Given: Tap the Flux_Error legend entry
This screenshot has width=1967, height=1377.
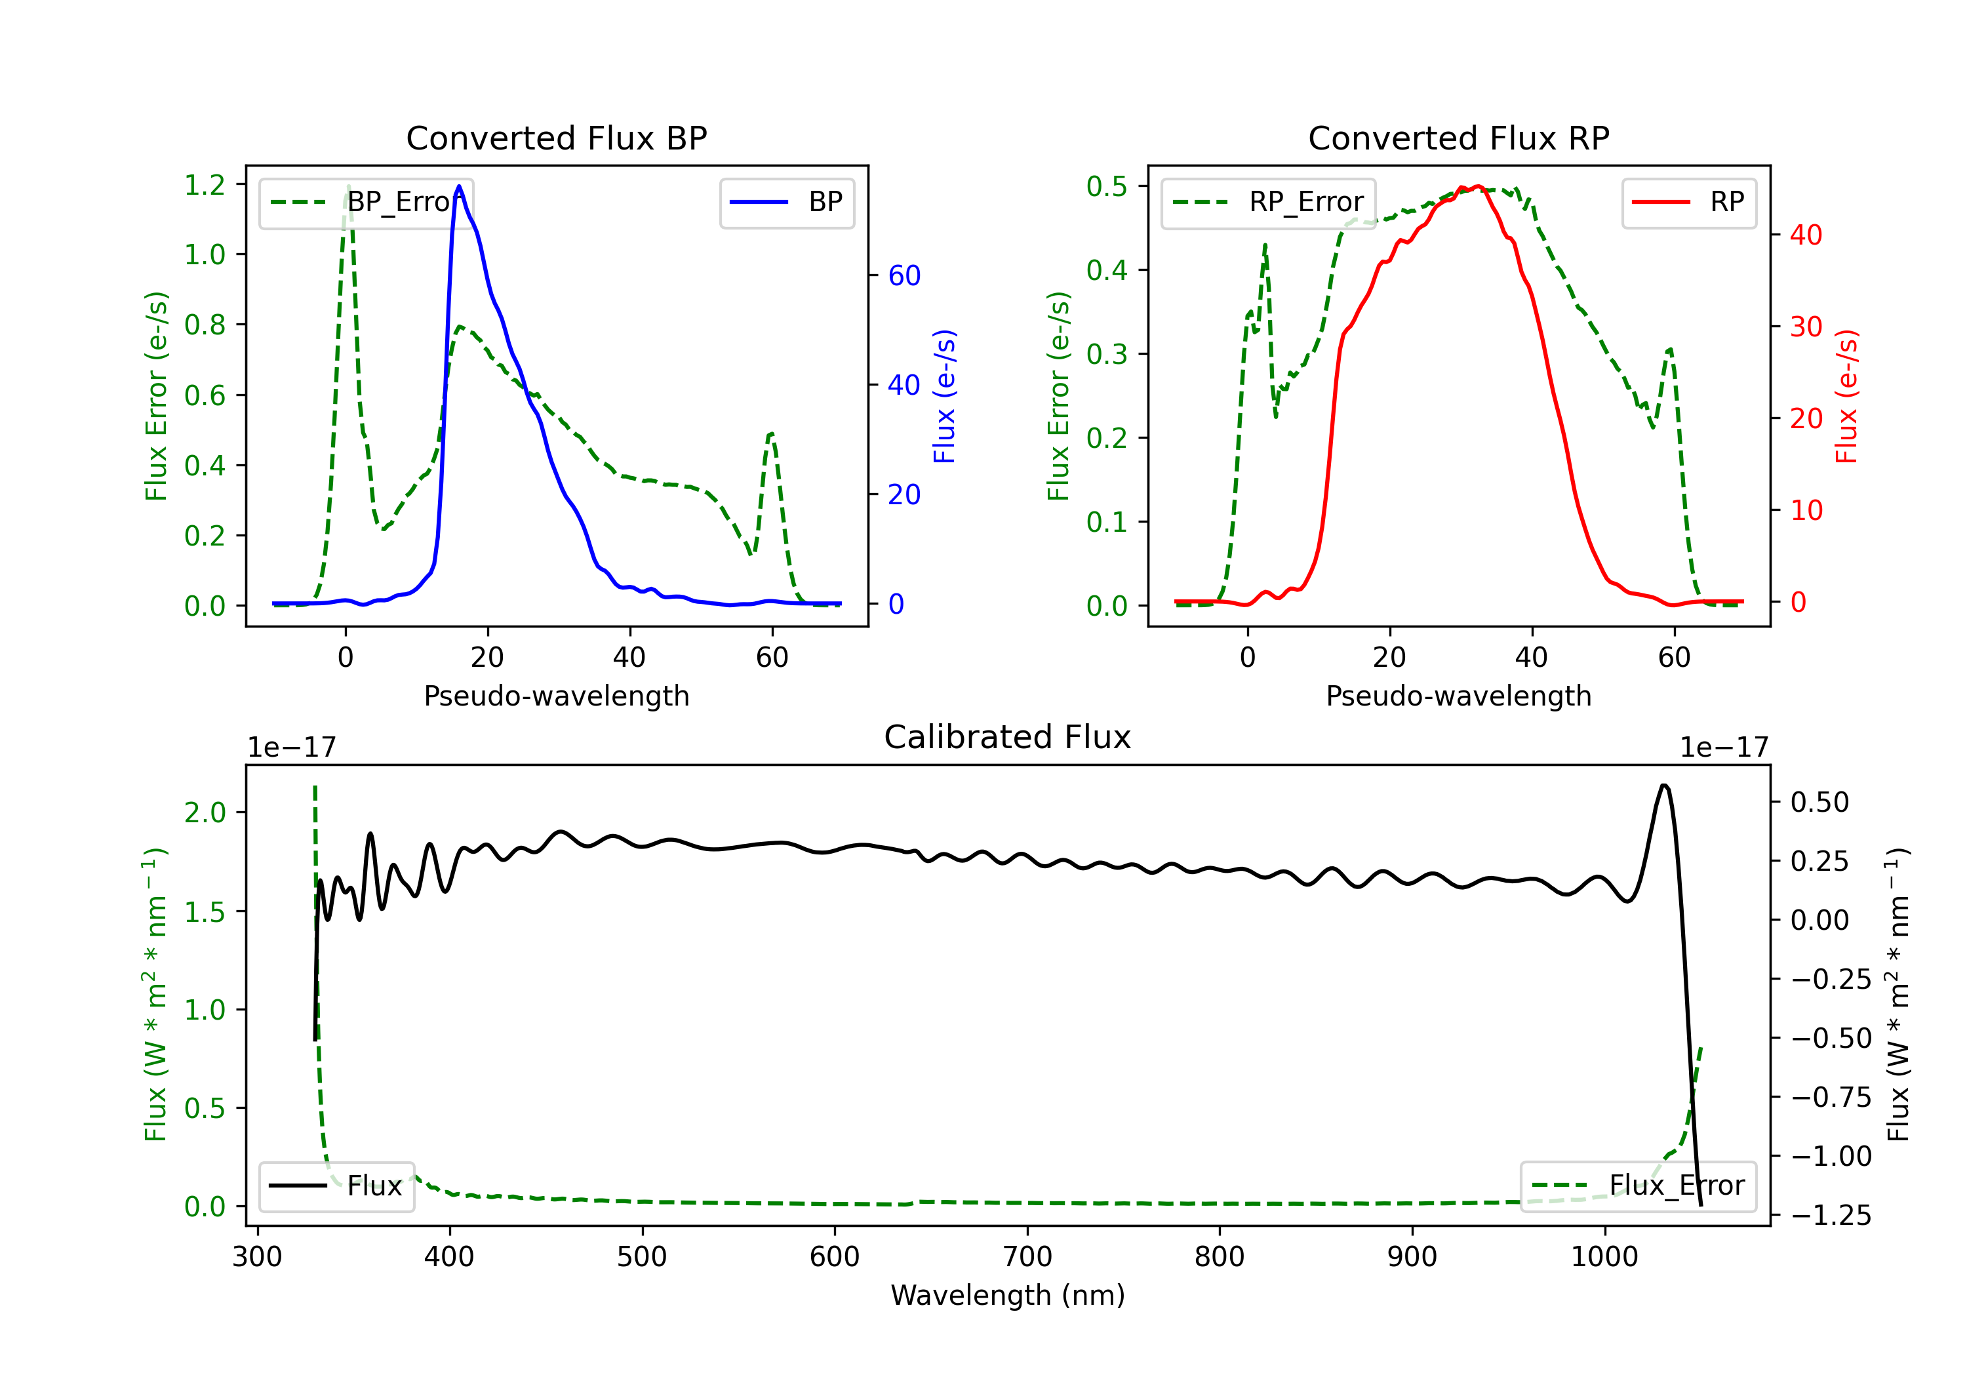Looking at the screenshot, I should click(x=1638, y=1186).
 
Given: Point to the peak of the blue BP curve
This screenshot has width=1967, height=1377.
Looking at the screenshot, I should click(x=459, y=186).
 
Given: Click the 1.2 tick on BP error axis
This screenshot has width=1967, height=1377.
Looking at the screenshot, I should click(x=205, y=185).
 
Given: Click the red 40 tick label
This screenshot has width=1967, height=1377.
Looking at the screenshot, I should click(x=1806, y=235).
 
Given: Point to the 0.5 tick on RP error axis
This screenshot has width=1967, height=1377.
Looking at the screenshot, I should click(x=1107, y=187).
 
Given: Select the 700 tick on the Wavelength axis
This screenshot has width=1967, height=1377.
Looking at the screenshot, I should click(x=1027, y=1257).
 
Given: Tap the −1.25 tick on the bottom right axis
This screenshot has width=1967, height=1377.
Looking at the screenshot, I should click(x=1832, y=1216).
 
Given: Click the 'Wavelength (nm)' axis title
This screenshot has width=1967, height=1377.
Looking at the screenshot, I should click(x=1008, y=1296).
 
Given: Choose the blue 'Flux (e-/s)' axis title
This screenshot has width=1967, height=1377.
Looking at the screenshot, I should click(x=944, y=397).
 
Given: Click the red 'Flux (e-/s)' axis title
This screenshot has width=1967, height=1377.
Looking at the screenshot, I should click(x=1846, y=397).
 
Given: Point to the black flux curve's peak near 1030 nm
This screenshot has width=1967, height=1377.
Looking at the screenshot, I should click(x=1663, y=786).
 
